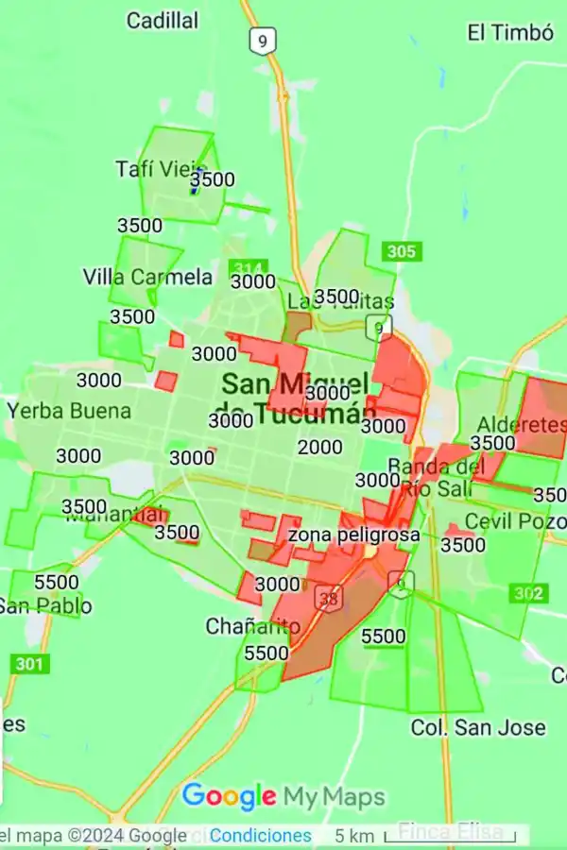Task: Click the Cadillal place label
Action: tap(163, 20)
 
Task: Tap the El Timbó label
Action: tap(509, 32)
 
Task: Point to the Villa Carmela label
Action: tap(148, 277)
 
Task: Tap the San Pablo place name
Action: tap(46, 605)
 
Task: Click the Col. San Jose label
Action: tap(477, 727)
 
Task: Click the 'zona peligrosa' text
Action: tap(353, 535)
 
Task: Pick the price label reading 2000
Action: tap(320, 447)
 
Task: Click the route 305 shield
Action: tap(402, 251)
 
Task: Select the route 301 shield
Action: tap(28, 664)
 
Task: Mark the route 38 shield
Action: tap(328, 598)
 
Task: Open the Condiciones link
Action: tap(260, 835)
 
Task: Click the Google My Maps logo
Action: tap(283, 796)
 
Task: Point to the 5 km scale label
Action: tap(353, 836)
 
